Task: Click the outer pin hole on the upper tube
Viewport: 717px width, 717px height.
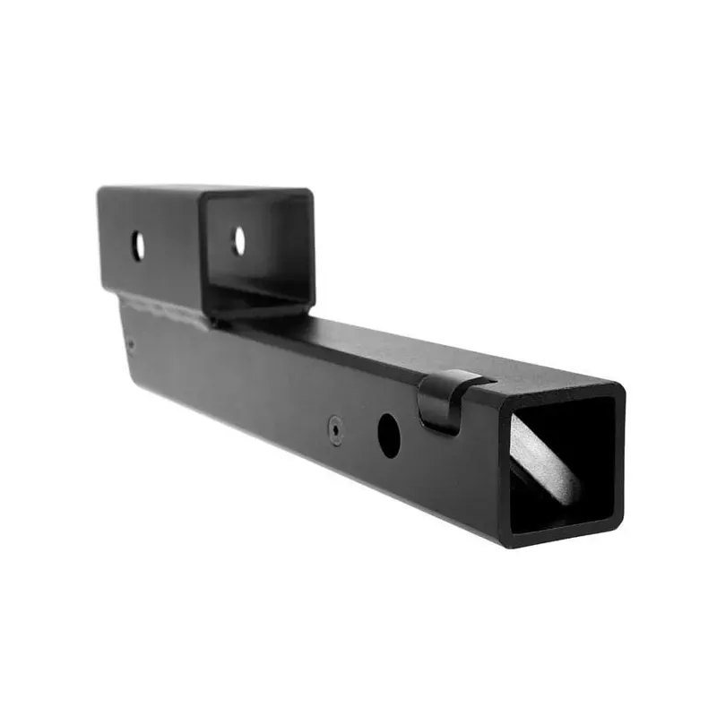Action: [x=137, y=246]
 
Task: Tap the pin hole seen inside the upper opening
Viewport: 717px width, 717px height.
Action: [x=238, y=239]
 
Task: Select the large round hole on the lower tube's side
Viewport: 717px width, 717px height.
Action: [x=388, y=433]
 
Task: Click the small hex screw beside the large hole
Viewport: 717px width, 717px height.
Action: [x=335, y=431]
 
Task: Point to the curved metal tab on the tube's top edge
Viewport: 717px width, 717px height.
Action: [x=442, y=399]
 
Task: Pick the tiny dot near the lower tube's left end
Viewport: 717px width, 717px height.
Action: [x=131, y=342]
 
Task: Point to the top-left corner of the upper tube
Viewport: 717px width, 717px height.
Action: [x=101, y=189]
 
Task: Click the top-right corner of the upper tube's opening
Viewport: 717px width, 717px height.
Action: [x=309, y=192]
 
